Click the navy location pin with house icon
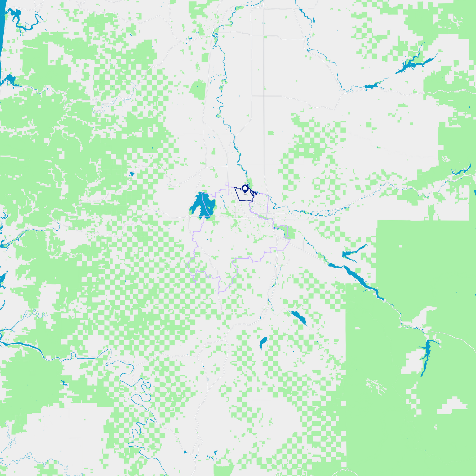pyautogui.click(x=245, y=189)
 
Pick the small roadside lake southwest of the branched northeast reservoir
pyautogui.click(x=372, y=86)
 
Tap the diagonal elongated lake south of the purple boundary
pyautogui.click(x=299, y=318)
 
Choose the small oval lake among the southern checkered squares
pyautogui.click(x=263, y=343)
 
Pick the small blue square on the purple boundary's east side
pyautogui.click(x=274, y=228)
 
